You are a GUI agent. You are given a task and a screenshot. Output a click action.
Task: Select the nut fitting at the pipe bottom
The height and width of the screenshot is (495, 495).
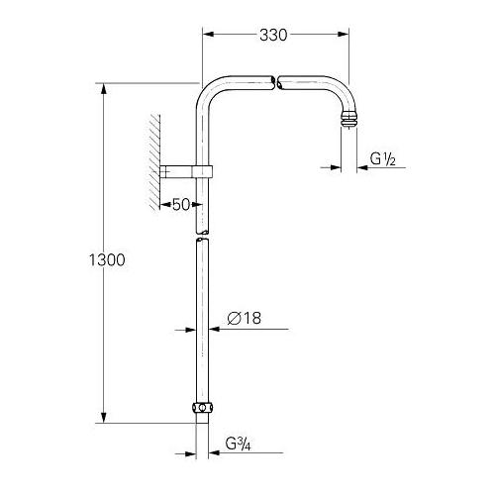coord(202,408)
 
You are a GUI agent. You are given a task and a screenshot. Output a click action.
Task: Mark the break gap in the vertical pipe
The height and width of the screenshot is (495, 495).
coord(202,235)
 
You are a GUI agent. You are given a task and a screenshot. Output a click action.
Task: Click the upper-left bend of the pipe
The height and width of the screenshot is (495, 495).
coord(212,93)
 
